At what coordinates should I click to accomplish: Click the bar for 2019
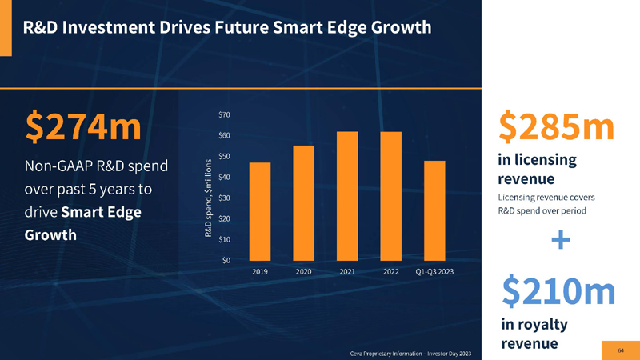pos(260,211)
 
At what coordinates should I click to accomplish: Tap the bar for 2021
pos(347,196)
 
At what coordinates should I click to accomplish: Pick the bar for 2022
pos(391,196)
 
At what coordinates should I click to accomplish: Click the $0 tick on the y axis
pos(227,259)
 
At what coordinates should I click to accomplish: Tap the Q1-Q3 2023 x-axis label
pos(434,273)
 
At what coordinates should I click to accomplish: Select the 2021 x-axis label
pos(347,273)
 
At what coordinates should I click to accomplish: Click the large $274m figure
pos(83,126)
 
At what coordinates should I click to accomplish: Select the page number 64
pos(621,349)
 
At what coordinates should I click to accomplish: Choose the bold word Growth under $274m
pos(51,235)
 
